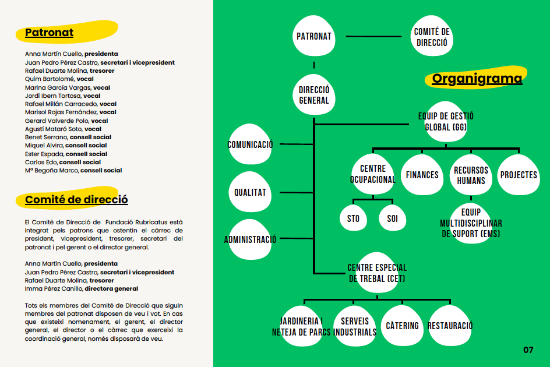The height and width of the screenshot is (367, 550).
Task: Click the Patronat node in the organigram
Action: point(314,36)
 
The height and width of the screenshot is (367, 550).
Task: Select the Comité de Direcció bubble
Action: point(432,36)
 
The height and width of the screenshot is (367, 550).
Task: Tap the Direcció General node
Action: point(314,95)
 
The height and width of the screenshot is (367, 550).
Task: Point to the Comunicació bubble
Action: point(250,144)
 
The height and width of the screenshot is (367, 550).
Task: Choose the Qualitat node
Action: point(250,192)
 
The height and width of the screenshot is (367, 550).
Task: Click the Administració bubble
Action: point(250,239)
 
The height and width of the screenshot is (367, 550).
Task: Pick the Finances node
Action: point(422,175)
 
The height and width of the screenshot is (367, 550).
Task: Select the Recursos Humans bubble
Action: point(471,175)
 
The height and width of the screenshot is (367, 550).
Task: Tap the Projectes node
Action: point(519,175)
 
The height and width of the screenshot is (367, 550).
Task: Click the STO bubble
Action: point(353,218)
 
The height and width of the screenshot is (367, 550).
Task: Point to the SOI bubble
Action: point(393,218)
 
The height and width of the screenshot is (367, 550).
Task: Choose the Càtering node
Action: point(403,326)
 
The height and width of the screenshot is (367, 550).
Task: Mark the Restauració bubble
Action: point(450,326)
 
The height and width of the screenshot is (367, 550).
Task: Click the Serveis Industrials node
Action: point(355,326)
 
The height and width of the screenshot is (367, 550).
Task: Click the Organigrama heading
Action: point(477,78)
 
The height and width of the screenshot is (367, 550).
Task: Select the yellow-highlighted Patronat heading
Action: point(49,32)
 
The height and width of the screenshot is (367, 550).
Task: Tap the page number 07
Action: point(528,350)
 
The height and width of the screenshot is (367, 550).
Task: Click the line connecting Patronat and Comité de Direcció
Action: point(373,36)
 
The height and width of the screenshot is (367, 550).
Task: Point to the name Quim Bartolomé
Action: point(50,79)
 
